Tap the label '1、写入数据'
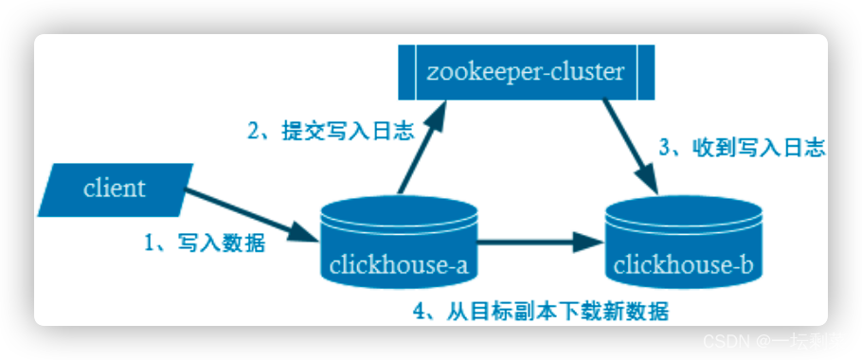pos(204,243)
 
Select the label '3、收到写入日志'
pos(742,148)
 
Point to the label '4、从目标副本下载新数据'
pos(548,311)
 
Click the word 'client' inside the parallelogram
pos(115,188)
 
